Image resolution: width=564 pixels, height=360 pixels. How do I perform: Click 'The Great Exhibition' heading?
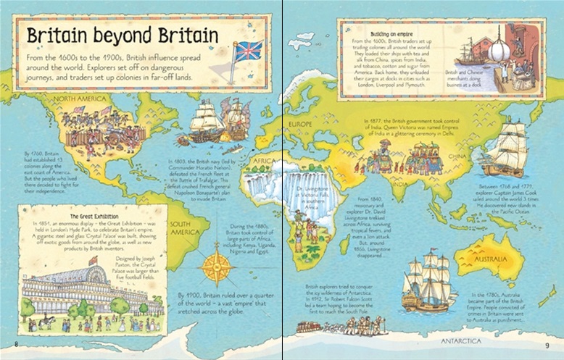click(94, 216)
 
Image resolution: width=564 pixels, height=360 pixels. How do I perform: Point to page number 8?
click(16, 343)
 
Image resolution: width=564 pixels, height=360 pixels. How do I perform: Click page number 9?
click(547, 343)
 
